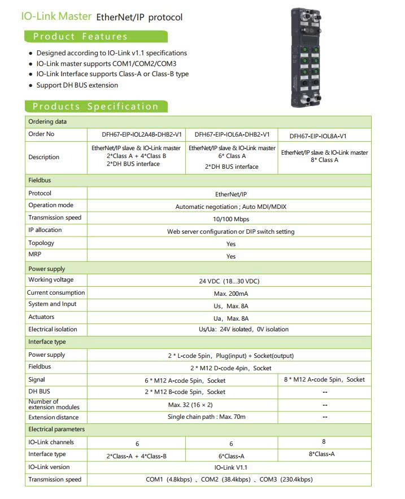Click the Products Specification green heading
pyautogui.click(x=95, y=106)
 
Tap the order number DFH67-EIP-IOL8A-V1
pyautogui.click(x=318, y=136)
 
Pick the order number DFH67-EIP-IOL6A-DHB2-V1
pyautogui.click(x=232, y=135)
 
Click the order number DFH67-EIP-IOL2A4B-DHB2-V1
pyautogui.click(x=136, y=135)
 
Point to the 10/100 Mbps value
pyautogui.click(x=230, y=218)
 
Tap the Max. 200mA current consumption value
pyautogui.click(x=230, y=294)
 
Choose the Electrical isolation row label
pyautogui.click(x=53, y=329)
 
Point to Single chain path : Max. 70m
pyautogui.click(x=206, y=417)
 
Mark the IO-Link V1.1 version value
pyautogui.click(x=231, y=467)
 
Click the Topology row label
pyautogui.click(x=41, y=243)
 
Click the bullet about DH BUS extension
pyautogui.click(x=77, y=85)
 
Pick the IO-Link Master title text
pyautogui.click(x=56, y=16)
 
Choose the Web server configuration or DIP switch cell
pyautogui.click(x=230, y=231)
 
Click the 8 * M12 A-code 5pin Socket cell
pyautogui.click(x=324, y=380)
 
